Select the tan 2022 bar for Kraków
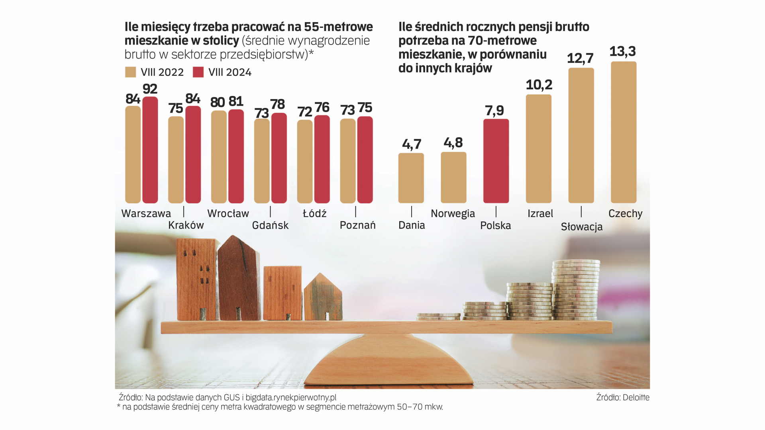[x=176, y=160]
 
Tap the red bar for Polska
[x=496, y=161]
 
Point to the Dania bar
[x=411, y=178]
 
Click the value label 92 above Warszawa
[x=150, y=89]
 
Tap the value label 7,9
[x=494, y=110]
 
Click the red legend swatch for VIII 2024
[x=198, y=72]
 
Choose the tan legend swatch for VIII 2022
[x=131, y=72]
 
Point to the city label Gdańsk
[x=270, y=225]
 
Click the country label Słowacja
[x=581, y=227]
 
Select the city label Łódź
[x=314, y=214]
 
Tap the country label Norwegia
[x=453, y=214]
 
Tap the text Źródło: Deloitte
[x=622, y=397]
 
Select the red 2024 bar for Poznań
[x=365, y=160]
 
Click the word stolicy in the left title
[x=220, y=41]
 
